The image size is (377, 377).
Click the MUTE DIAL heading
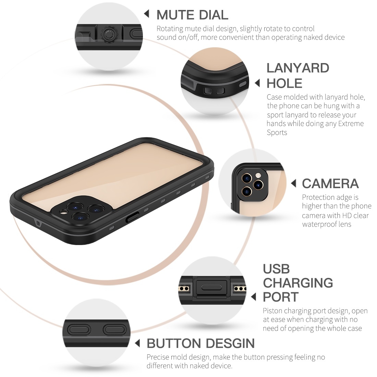(x=192, y=15)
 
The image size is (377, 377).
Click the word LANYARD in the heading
(x=297, y=68)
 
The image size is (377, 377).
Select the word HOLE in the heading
(x=284, y=83)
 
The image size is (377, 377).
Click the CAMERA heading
(x=330, y=184)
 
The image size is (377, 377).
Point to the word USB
(x=276, y=269)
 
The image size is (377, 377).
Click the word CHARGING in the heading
(x=298, y=283)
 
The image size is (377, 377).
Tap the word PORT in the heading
(x=281, y=297)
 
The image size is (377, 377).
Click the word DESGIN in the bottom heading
(x=230, y=343)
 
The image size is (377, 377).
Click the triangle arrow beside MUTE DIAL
(x=146, y=14)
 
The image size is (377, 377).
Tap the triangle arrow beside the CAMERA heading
(x=293, y=183)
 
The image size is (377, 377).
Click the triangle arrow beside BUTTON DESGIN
(x=137, y=343)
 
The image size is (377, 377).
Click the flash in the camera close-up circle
(x=258, y=175)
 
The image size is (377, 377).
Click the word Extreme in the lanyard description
(x=351, y=124)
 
